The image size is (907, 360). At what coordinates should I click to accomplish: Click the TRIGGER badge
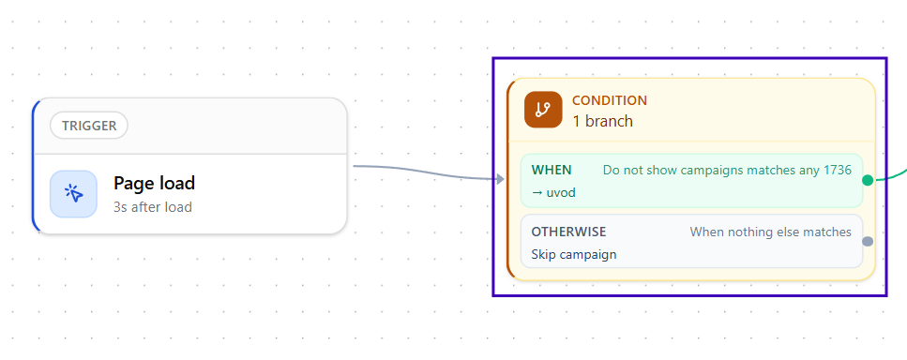[x=88, y=126]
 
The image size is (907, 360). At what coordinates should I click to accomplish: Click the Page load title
[x=154, y=183]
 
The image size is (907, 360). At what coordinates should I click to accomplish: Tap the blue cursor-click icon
[x=73, y=193]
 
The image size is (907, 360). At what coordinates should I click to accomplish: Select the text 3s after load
[x=153, y=207]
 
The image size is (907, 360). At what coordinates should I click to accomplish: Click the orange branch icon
[x=543, y=109]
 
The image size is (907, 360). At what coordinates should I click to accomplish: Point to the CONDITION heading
[x=610, y=100]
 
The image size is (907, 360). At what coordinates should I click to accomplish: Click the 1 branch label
[x=603, y=121]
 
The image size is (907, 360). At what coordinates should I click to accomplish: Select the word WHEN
[x=552, y=170]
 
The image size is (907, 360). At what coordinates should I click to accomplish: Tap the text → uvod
[x=553, y=192]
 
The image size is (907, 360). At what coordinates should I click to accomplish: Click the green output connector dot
[x=867, y=180]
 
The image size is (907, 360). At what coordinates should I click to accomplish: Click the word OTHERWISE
[x=568, y=232]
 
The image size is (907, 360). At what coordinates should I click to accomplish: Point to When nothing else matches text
[x=770, y=232]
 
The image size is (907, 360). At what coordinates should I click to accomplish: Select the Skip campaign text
[x=574, y=254]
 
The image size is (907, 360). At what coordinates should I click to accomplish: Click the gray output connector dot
[x=867, y=242]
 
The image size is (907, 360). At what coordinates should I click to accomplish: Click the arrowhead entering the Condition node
[x=500, y=179]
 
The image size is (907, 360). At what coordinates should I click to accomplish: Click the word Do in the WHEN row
[x=611, y=170]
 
